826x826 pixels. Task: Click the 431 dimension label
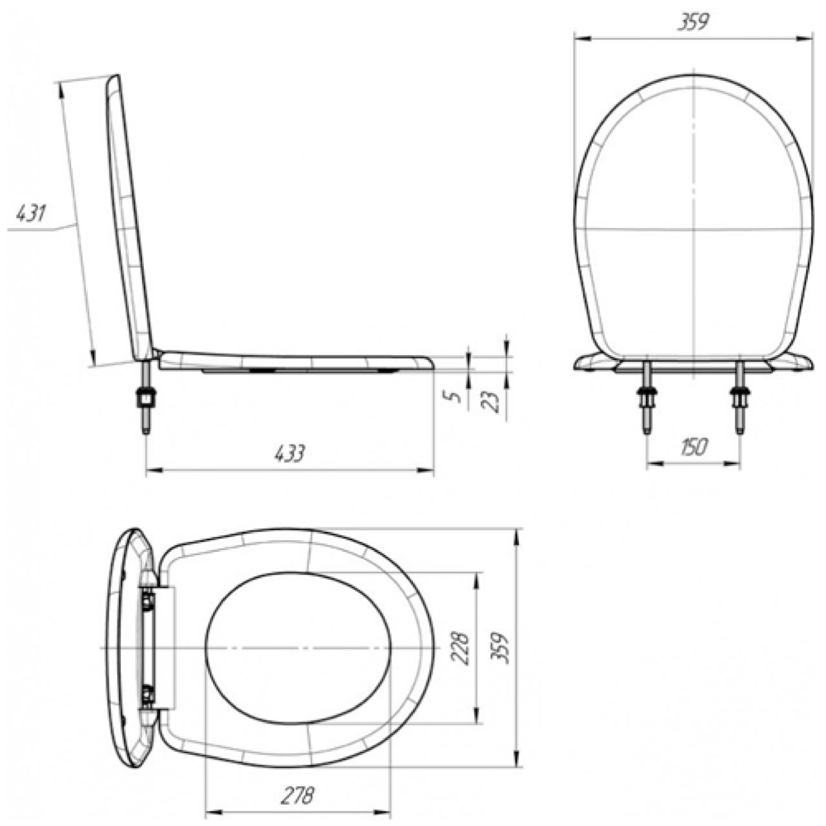click(x=30, y=214)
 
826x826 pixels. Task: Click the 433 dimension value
click(x=290, y=452)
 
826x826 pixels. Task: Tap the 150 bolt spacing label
click(x=692, y=447)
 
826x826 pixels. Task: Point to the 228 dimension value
click(x=460, y=648)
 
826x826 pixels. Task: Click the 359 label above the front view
click(x=693, y=23)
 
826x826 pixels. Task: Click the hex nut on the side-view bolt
click(x=146, y=398)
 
